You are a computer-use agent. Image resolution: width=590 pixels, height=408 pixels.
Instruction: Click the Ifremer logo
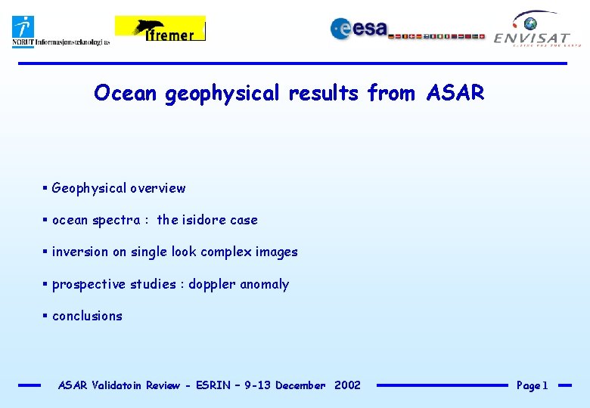coord(160,29)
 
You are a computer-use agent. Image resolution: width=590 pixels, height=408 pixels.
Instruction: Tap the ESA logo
coord(359,29)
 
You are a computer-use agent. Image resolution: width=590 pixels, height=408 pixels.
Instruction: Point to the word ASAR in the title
coord(455,93)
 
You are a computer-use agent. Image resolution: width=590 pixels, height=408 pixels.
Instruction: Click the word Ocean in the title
coord(126,93)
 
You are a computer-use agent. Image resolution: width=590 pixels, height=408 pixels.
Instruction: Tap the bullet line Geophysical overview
coord(118,188)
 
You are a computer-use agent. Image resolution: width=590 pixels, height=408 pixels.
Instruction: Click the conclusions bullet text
coord(87,316)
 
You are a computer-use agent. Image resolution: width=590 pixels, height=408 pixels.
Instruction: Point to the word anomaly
coord(265,284)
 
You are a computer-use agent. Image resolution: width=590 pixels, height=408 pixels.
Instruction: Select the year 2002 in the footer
coord(347,385)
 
